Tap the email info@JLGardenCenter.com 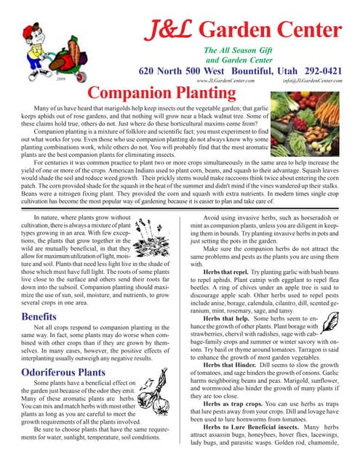click(x=313, y=82)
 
